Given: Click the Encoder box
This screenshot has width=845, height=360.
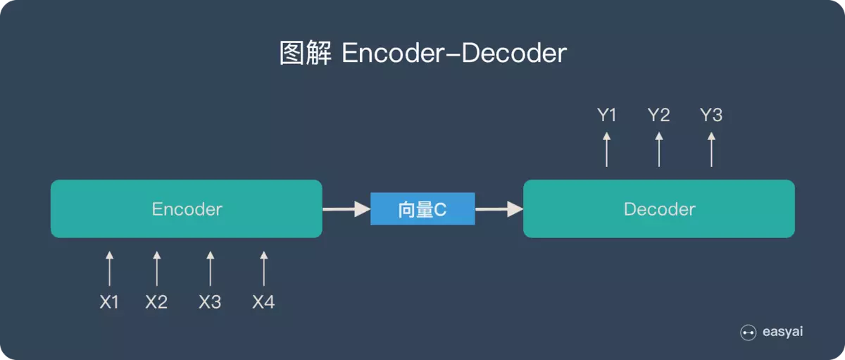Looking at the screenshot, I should pyautogui.click(x=187, y=209).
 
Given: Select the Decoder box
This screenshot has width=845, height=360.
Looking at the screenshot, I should pyautogui.click(x=659, y=209).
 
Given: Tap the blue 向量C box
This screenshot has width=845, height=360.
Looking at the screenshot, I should pyautogui.click(x=423, y=209).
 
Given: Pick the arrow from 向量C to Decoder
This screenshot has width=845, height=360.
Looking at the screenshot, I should pyautogui.click(x=499, y=209).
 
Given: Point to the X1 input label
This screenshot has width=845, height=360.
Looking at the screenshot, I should pyautogui.click(x=109, y=303).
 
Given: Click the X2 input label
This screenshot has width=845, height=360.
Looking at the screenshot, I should pyautogui.click(x=156, y=303).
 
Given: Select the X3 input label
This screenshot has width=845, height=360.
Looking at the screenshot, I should pyautogui.click(x=210, y=303).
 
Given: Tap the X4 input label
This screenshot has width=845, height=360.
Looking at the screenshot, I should pyautogui.click(x=263, y=303).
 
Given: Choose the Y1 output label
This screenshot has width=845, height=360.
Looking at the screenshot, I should pyautogui.click(x=607, y=116).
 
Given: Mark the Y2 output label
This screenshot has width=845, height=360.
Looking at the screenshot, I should pyautogui.click(x=659, y=116).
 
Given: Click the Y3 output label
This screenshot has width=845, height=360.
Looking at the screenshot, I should pyautogui.click(x=711, y=116).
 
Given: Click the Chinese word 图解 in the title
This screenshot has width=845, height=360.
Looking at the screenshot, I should pyautogui.click(x=305, y=54).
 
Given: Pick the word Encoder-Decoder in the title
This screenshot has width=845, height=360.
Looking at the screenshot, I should pyautogui.click(x=454, y=54).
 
